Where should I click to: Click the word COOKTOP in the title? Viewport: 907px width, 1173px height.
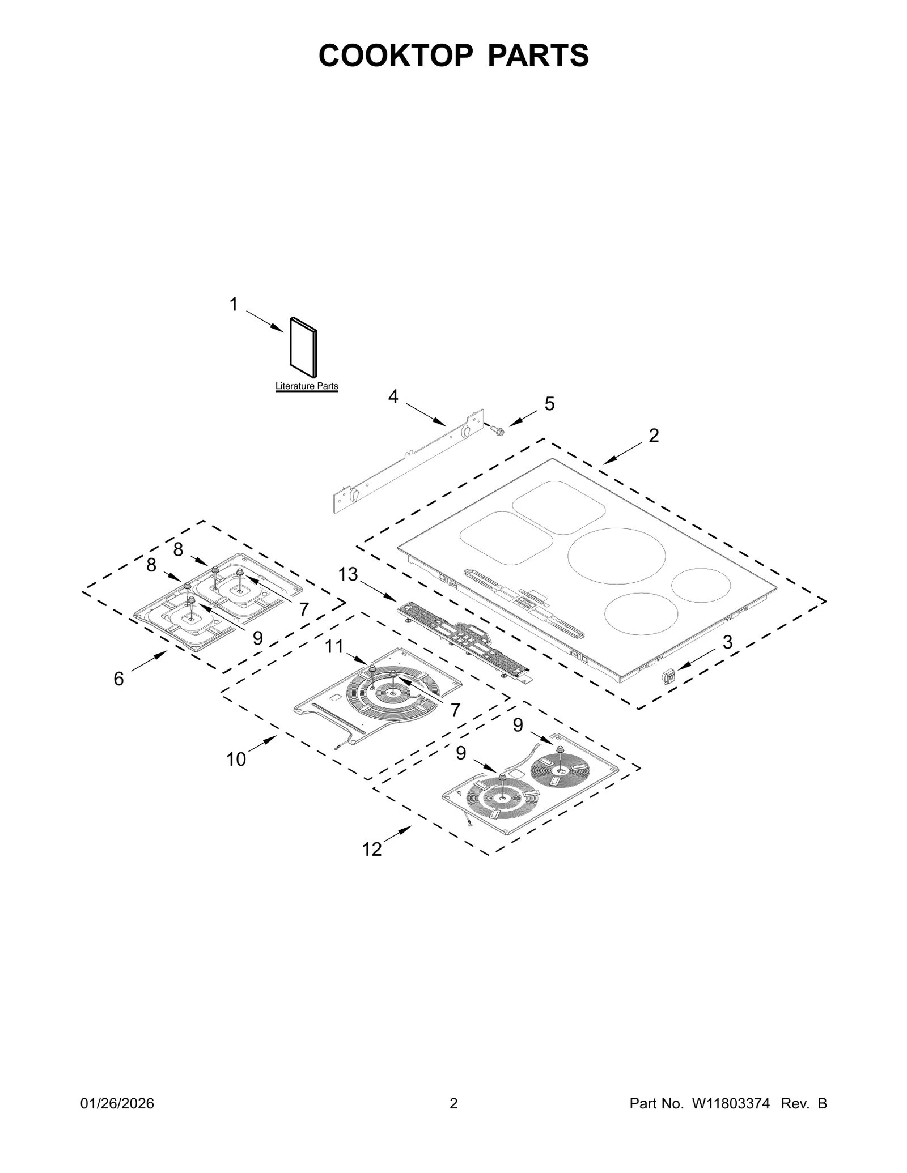tap(395, 56)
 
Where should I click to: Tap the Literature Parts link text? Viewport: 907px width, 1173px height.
tap(307, 386)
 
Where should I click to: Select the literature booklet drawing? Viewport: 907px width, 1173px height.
tap(303, 347)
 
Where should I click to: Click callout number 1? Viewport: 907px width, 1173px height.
tap(234, 305)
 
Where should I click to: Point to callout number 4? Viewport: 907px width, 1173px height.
tap(393, 396)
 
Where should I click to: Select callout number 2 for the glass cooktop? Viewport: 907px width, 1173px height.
tap(654, 436)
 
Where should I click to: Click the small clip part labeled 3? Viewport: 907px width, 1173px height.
tap(669, 675)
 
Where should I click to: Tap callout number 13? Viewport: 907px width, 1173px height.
tap(348, 574)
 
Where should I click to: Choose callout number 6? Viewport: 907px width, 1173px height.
tap(118, 679)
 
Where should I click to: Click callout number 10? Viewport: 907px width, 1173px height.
tap(236, 759)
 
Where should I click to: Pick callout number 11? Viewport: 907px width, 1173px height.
tap(334, 646)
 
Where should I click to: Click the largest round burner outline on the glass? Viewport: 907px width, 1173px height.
tap(617, 556)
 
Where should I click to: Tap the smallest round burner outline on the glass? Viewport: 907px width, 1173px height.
tap(702, 585)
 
